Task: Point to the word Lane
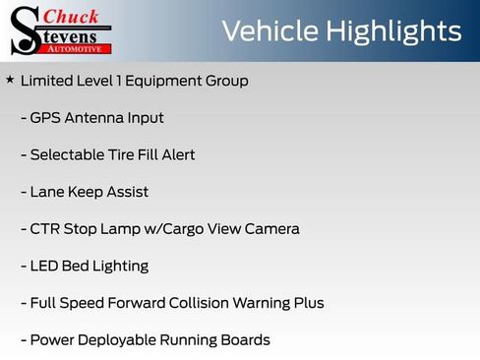point(46,193)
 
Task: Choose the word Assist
point(127,193)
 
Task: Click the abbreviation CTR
point(45,229)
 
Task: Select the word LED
point(44,267)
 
